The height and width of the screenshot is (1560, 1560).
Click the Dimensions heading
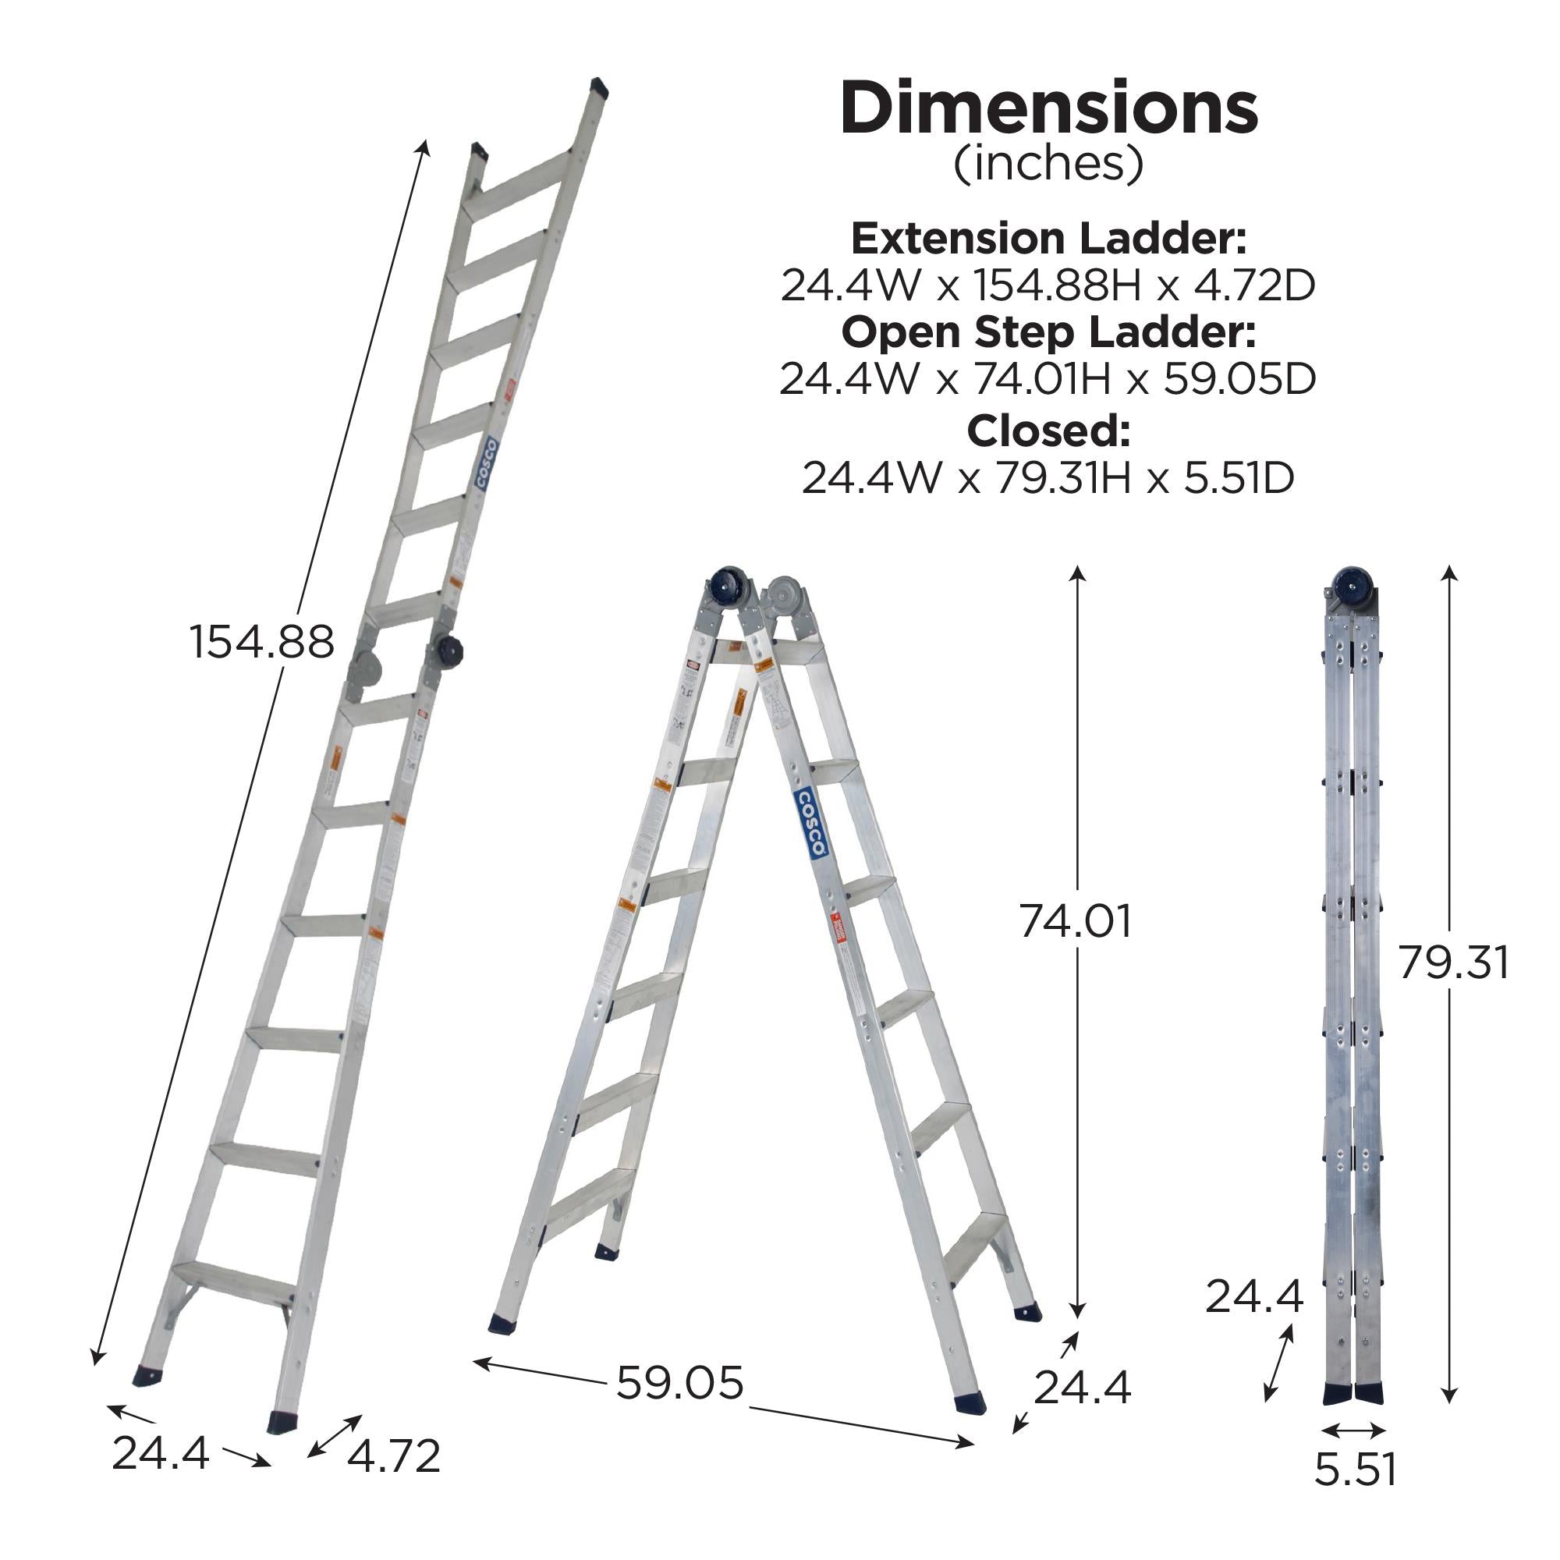click(1048, 109)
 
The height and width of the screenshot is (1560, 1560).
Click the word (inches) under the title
click(1048, 164)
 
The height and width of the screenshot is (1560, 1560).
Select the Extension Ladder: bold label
click(1048, 238)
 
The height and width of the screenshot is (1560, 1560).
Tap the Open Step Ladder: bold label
click(1048, 331)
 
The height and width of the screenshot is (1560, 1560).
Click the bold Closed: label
click(1048, 431)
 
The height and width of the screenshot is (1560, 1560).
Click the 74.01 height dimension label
click(1075, 920)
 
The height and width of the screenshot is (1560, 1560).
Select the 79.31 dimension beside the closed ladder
click(1452, 963)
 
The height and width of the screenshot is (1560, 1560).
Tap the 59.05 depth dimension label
click(679, 1381)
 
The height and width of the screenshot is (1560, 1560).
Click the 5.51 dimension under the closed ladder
click(1355, 1469)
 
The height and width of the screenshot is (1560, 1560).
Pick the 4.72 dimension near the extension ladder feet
click(394, 1455)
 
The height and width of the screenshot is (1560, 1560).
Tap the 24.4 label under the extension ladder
click(160, 1452)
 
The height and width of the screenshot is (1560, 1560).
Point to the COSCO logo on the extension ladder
click(486, 465)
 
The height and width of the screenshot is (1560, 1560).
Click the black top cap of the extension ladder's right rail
click(599, 87)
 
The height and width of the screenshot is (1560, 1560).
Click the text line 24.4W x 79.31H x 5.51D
click(1048, 478)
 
